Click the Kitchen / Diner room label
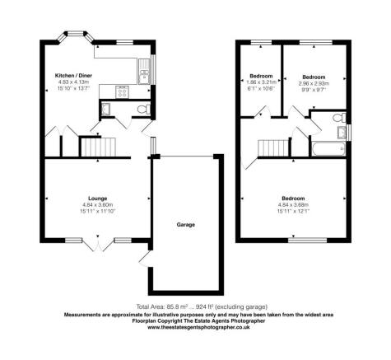73,76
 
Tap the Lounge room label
98,199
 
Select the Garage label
186,225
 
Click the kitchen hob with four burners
123,91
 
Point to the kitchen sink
144,72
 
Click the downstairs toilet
144,110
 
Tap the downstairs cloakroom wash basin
105,109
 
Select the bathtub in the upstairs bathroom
328,149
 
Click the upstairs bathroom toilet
339,118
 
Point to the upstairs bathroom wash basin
342,133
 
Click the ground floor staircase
99,147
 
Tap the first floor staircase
273,148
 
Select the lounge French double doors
98,245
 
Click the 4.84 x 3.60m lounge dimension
98,205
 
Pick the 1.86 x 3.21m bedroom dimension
261,82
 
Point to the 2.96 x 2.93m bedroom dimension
314,83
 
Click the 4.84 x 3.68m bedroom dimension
293,205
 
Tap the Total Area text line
202,306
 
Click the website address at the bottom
198,327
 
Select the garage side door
145,259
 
